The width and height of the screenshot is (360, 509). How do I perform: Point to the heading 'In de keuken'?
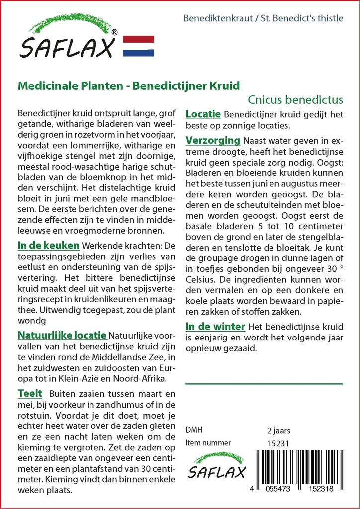48,245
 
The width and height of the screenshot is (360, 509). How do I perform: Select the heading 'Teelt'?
30,393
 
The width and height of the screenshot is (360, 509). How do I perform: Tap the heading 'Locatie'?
203,114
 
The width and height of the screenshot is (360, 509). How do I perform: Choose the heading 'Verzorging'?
213,140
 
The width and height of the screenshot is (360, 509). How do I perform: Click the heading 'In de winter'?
215,327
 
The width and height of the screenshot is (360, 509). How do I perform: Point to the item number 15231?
278,443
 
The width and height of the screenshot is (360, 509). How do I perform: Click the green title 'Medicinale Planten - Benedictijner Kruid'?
129,85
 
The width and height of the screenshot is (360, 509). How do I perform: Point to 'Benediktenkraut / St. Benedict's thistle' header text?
263,19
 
